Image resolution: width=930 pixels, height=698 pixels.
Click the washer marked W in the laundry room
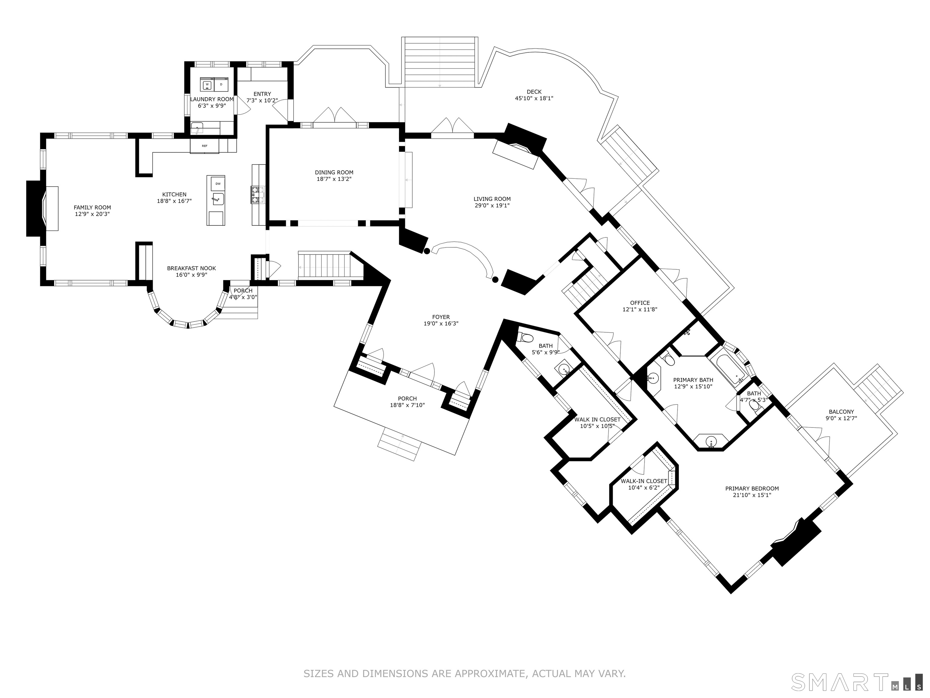tap(207, 85)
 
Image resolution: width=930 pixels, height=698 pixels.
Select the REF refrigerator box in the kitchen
tap(204, 146)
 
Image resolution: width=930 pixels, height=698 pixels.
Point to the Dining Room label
tap(334, 172)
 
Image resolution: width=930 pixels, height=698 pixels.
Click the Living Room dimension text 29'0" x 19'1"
tap(492, 206)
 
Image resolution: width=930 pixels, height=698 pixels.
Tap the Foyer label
tap(441, 317)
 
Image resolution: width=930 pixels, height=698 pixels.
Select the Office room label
tap(640, 303)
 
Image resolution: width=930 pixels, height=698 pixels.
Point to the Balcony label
tap(841, 412)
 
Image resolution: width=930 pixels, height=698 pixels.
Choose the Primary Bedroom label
tap(752, 488)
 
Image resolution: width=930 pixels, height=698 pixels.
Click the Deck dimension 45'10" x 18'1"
tap(534, 98)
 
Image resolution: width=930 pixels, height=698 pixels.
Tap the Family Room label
tap(93, 208)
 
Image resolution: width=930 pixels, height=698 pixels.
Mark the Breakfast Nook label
tap(191, 268)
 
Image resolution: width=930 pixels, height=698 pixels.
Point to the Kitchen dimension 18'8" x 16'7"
tap(174, 201)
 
